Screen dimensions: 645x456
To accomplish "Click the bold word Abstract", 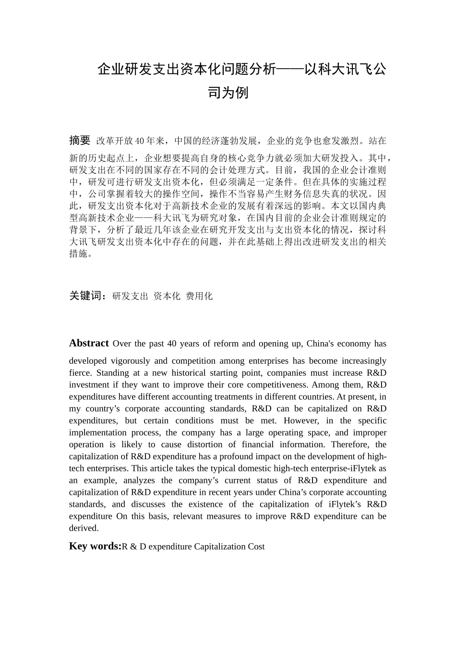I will [x=89, y=343].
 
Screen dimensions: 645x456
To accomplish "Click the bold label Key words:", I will [x=95, y=546].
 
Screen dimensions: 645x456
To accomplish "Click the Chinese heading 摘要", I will [x=80, y=140].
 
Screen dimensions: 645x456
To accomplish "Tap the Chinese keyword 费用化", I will [x=199, y=296].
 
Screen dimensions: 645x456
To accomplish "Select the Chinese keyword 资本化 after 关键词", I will [x=167, y=296].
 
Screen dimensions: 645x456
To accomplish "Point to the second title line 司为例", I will [x=228, y=92].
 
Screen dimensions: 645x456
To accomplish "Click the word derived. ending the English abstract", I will [x=84, y=528].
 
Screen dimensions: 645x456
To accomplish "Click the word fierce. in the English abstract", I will [x=81, y=373].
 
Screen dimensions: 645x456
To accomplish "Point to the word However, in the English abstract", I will [x=301, y=421].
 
